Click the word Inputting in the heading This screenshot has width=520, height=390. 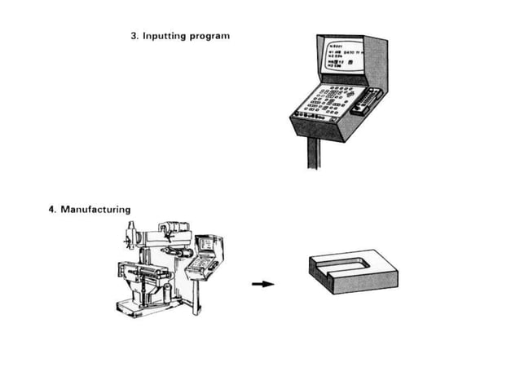point(166,37)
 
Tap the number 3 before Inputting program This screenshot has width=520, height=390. point(134,37)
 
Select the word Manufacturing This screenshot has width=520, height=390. point(95,210)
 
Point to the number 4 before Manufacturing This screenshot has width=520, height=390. point(52,210)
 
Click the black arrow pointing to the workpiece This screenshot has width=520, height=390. point(262,285)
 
